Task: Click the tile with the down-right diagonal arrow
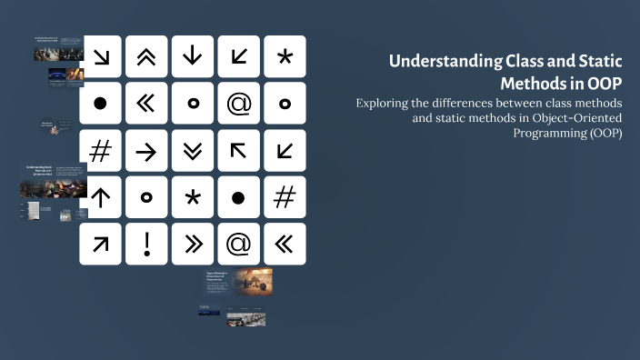[x=101, y=56]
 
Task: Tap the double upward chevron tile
[x=146, y=56]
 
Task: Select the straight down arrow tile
[x=193, y=56]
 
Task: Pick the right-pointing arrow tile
[x=146, y=151]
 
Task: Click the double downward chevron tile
[x=193, y=151]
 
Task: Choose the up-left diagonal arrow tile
[x=239, y=151]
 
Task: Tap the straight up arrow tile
[x=101, y=197]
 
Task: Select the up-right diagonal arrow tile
[x=101, y=244]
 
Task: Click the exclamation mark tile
[x=146, y=244]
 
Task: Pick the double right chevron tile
[x=193, y=244]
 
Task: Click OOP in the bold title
[x=605, y=83]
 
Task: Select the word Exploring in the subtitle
[x=384, y=103]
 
